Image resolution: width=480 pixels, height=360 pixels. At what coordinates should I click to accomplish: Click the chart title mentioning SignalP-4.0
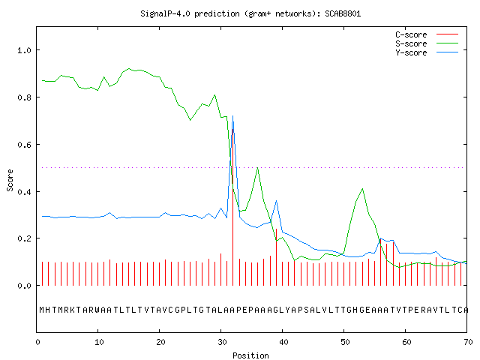pos(250,13)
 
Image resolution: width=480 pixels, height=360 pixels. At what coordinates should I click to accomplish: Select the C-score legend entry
pos(427,34)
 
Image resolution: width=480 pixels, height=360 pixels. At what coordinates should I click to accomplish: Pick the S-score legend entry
pos(427,43)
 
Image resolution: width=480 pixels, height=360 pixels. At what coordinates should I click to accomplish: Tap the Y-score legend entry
pos(427,52)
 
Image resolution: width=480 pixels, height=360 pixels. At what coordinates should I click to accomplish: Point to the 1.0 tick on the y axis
pos(24,50)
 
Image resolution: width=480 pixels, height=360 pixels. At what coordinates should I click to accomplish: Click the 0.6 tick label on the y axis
pos(24,145)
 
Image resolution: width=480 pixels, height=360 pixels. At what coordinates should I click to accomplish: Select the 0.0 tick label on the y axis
pos(24,286)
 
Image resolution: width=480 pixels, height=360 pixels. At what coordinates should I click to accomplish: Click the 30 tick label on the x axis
pos(222,342)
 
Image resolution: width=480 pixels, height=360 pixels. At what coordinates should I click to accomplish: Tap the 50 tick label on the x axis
pos(345,342)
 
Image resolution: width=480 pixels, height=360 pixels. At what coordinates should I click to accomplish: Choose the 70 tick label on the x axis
pos(468,342)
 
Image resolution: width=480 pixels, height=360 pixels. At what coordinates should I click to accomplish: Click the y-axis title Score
pos(10,180)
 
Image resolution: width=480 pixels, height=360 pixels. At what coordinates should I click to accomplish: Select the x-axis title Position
pos(250,355)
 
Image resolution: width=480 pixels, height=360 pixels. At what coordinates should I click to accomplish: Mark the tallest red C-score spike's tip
pos(233,129)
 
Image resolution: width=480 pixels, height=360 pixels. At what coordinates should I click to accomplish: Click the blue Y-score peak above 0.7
pos(233,116)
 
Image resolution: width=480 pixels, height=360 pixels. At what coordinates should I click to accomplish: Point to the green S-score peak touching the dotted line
pos(258,168)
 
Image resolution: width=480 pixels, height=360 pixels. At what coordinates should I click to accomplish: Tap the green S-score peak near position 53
pos(362,189)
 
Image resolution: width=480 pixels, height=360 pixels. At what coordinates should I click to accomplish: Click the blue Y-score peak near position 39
pos(277,201)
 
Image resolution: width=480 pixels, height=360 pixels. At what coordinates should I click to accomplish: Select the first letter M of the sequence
pos(42,310)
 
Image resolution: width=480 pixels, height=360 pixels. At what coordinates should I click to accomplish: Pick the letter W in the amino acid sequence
pos(97,310)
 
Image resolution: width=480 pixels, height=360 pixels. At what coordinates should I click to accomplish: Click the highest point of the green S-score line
pos(129,68)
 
